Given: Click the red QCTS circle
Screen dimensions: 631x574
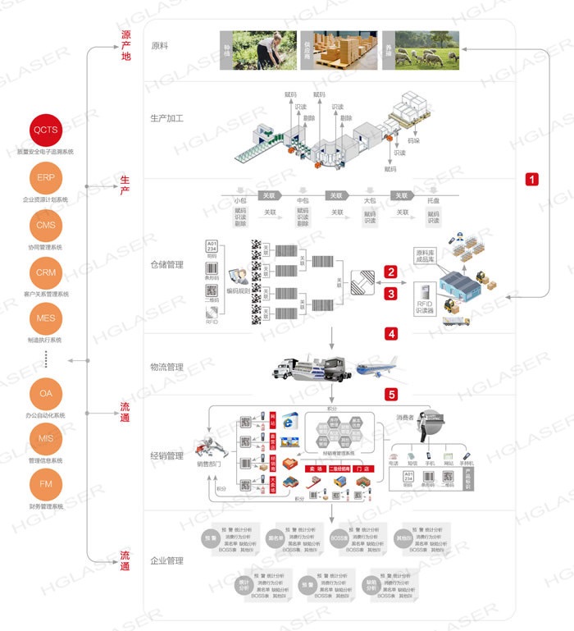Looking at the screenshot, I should click(45, 131).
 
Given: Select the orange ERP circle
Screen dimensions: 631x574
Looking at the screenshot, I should click(45, 178).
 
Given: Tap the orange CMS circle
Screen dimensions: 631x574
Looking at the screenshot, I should click(45, 225).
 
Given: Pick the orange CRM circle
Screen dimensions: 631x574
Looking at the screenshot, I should click(45, 272).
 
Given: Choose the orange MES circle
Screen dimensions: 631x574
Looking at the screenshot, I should click(45, 318).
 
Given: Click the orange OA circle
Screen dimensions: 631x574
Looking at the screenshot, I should click(45, 394).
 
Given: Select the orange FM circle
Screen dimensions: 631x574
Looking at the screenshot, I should click(45, 485).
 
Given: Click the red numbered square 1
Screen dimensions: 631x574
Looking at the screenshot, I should click(532, 178).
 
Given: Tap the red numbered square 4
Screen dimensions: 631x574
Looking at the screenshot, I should click(392, 334).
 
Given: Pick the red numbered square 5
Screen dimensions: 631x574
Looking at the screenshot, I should click(392, 394).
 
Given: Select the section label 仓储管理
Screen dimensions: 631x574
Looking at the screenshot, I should click(167, 265).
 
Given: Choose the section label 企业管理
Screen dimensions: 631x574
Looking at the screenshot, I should click(167, 560).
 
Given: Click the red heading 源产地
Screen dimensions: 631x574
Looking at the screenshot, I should click(125, 45).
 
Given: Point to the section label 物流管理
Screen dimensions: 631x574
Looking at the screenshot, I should click(167, 367).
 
